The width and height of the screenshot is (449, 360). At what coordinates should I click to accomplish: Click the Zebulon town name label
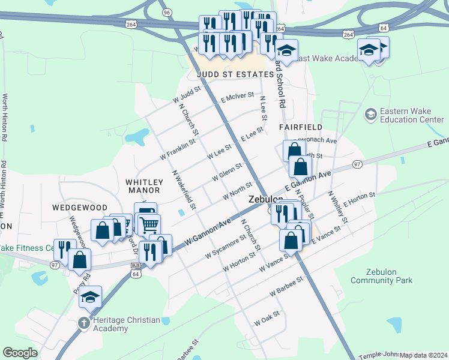[x=265, y=200]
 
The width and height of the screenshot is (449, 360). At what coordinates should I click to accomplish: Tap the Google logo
[x=20, y=353]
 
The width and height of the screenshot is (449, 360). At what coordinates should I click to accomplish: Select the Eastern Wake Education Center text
[x=411, y=115]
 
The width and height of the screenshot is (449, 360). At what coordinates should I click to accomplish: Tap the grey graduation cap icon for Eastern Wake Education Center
[x=370, y=113]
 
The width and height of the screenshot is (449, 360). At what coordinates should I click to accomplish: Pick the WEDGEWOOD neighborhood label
[x=79, y=208]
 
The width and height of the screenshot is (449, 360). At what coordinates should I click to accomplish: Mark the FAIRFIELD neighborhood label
[x=301, y=127]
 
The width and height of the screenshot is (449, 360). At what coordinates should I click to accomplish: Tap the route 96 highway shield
[x=167, y=12]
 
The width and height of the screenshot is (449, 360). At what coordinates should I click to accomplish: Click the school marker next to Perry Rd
[x=90, y=297]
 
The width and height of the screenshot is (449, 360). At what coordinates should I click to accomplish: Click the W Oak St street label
[x=267, y=318]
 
